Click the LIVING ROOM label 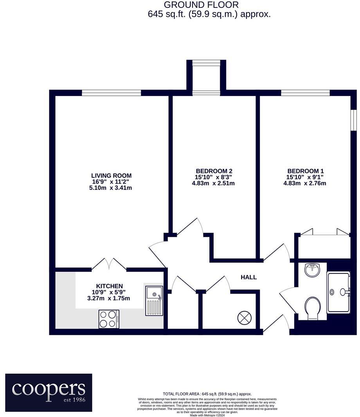pyautogui.click(x=111, y=175)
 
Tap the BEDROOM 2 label pyautogui.click(x=214, y=171)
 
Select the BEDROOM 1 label pyautogui.click(x=306, y=171)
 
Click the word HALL pyautogui.click(x=248, y=277)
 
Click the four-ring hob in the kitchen pyautogui.click(x=109, y=319)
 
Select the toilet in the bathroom pyautogui.click(x=313, y=308)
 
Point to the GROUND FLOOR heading pyautogui.click(x=201, y=5)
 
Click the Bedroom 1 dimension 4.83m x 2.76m pyautogui.click(x=305, y=183)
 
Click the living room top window pyautogui.click(x=111, y=93)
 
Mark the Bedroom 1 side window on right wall pyautogui.click(x=353, y=120)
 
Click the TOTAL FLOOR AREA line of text pyautogui.click(x=207, y=394)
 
